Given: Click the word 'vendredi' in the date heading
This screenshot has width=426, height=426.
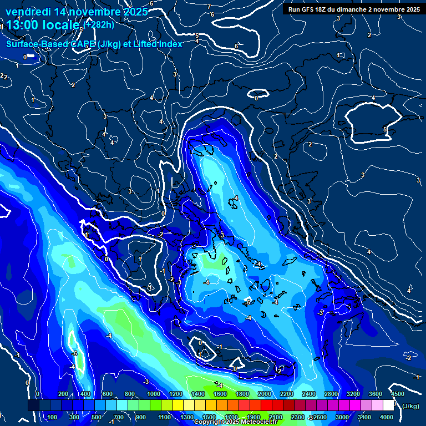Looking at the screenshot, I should [26, 12].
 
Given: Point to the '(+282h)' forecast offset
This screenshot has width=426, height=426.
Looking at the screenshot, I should [100, 24].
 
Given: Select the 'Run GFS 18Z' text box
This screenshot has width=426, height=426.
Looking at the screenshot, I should [353, 9].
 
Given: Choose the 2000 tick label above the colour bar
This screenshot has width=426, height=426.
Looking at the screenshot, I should [264, 394].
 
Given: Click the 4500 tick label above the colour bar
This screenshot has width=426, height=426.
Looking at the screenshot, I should [397, 394].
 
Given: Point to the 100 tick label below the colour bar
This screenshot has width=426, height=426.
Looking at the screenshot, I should [53, 417].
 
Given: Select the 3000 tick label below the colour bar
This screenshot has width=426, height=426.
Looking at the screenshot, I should [342, 417].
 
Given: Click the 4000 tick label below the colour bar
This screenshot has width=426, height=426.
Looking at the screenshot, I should [387, 417].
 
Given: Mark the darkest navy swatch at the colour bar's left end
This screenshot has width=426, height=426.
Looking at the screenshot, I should [33, 406].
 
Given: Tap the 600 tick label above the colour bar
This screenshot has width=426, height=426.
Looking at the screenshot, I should [107, 394].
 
